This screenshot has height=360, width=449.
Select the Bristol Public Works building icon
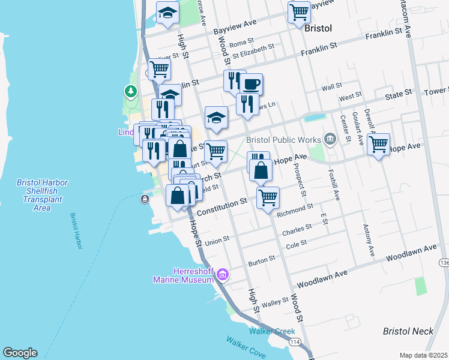pyautogui.click(x=330, y=140)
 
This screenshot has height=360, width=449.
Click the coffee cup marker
pyautogui.click(x=251, y=85)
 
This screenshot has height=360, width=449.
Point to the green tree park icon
pyautogui.click(x=130, y=91)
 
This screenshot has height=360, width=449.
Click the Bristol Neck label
pyautogui.click(x=408, y=331)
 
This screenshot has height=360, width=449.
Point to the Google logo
pyautogui.click(x=20, y=353)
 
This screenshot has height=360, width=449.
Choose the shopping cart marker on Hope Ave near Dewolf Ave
pyautogui.click(x=378, y=145)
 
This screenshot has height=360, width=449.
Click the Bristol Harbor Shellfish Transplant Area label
pyautogui.click(x=42, y=195)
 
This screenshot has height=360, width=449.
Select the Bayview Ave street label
pyautogui.click(x=235, y=25)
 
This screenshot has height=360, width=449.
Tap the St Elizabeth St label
pyautogui.click(x=253, y=50)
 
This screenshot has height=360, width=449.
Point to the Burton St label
pyautogui.click(x=262, y=259)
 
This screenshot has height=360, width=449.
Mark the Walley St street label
pyautogui.click(x=276, y=304)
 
